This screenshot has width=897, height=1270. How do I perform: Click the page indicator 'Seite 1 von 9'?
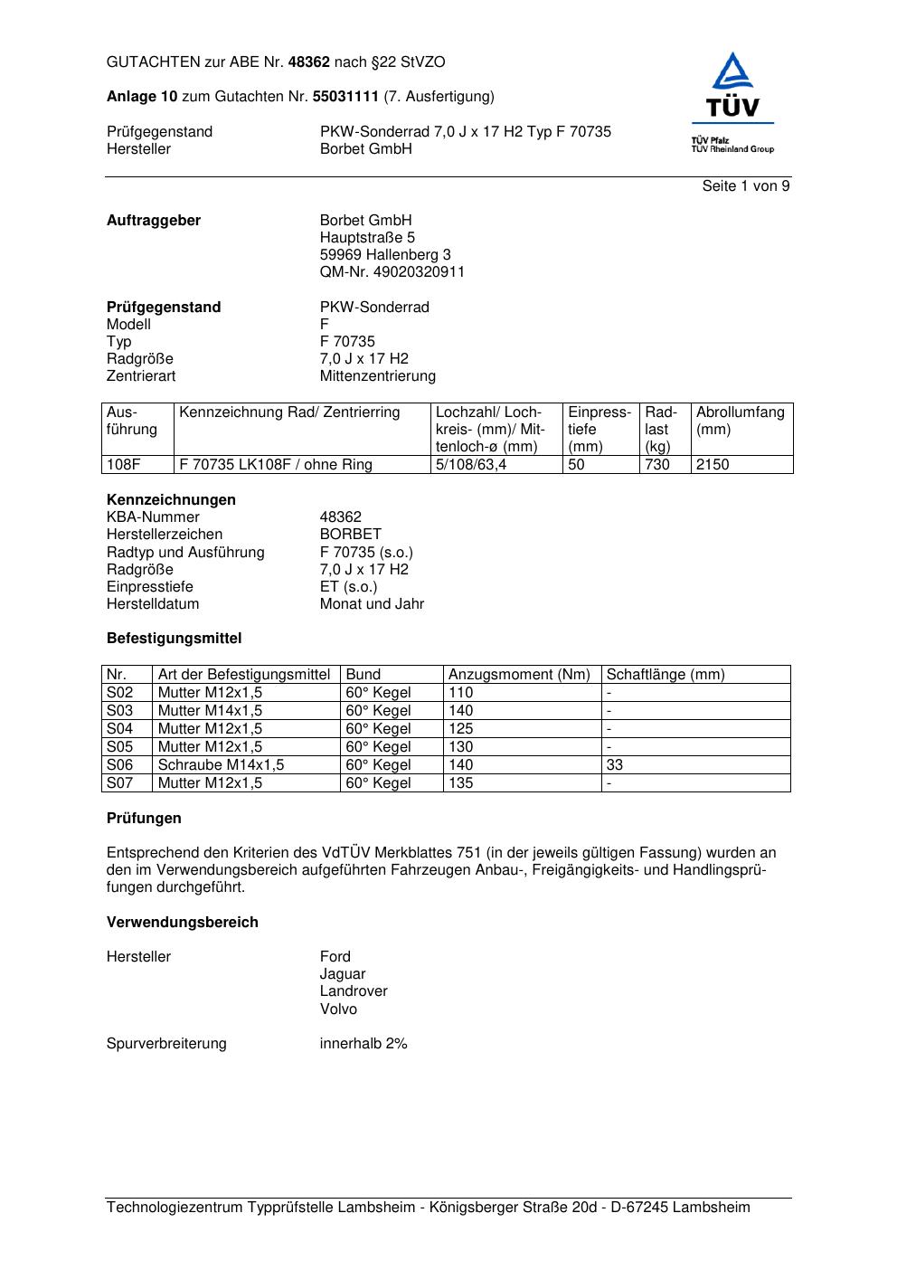click(746, 186)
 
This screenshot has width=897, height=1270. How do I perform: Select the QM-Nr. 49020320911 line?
click(392, 272)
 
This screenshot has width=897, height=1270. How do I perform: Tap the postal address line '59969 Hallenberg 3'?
click(385, 255)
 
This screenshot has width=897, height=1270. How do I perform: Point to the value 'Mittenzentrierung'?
click(377, 376)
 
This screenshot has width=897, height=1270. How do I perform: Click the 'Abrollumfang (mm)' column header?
click(740, 421)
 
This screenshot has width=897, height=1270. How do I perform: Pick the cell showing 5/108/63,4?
click(471, 465)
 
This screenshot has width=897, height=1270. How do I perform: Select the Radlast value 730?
click(657, 465)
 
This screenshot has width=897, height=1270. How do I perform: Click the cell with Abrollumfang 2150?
click(713, 465)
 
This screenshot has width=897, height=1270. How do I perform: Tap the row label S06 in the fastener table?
click(120, 765)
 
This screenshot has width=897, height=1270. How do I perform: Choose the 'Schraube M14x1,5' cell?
click(221, 765)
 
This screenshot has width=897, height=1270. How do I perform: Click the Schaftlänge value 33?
click(615, 765)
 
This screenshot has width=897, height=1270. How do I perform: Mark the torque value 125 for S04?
click(461, 729)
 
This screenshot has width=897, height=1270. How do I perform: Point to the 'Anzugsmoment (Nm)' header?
click(519, 675)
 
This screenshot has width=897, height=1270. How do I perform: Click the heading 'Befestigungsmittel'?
click(175, 639)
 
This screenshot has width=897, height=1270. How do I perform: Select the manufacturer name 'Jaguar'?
click(343, 974)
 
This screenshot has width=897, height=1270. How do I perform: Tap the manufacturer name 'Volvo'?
click(338, 1009)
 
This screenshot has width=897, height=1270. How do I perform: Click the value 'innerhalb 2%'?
click(364, 1044)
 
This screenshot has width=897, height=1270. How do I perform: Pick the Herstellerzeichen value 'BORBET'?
click(351, 535)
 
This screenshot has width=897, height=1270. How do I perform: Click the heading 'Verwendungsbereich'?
click(183, 923)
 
